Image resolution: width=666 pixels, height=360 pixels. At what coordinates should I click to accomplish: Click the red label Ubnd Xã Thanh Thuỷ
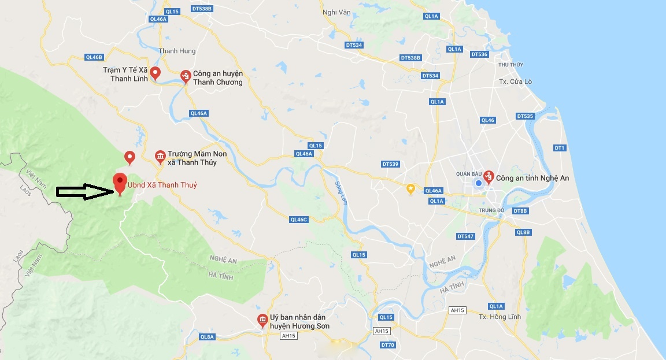(x=162, y=185)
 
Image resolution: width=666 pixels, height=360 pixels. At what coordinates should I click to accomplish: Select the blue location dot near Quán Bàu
(x=478, y=183)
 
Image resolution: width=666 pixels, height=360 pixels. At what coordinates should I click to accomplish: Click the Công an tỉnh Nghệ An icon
(x=489, y=176)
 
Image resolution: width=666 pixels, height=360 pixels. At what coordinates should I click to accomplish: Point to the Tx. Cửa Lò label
(x=515, y=81)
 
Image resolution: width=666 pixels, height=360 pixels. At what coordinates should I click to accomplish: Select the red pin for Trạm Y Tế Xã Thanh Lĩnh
(x=155, y=72)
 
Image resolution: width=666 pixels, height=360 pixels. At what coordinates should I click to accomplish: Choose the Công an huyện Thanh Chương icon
(x=186, y=76)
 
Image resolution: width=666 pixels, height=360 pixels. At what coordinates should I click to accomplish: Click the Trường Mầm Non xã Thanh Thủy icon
(x=160, y=156)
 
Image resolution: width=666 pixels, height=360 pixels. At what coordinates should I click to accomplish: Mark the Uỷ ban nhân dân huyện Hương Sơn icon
(x=262, y=320)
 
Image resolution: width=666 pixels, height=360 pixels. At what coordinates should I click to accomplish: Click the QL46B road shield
(x=94, y=57)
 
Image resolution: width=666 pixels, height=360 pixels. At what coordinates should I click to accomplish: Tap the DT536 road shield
(x=479, y=54)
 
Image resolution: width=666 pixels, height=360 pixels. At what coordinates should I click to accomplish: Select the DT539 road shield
(x=391, y=165)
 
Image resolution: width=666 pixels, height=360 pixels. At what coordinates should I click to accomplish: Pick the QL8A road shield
(x=207, y=337)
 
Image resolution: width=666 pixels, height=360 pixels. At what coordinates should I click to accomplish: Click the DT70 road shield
(x=387, y=345)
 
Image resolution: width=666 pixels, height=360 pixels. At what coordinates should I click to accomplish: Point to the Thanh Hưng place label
(x=177, y=51)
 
